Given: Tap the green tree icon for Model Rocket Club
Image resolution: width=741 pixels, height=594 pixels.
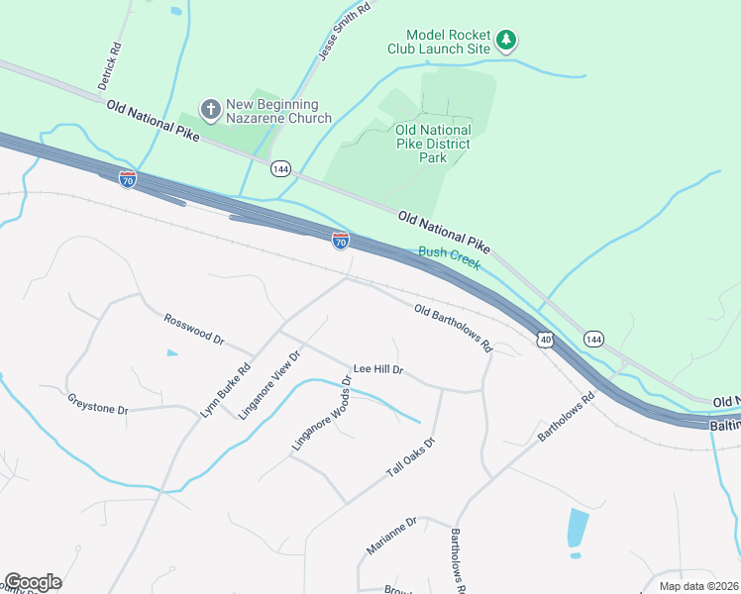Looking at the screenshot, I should (x=507, y=41).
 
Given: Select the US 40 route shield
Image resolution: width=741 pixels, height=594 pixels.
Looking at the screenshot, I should (x=546, y=340).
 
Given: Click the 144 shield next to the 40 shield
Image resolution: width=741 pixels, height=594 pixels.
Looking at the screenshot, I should (x=593, y=340).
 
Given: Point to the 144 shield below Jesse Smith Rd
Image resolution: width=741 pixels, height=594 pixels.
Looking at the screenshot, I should (x=280, y=168).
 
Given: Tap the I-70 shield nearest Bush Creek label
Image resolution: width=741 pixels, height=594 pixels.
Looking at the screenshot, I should (x=340, y=240).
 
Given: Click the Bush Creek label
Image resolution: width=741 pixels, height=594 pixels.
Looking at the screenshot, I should (x=450, y=258).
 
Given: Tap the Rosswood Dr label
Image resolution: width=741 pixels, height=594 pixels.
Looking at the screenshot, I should (x=194, y=329).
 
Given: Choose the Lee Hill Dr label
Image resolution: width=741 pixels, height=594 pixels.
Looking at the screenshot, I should (x=379, y=369).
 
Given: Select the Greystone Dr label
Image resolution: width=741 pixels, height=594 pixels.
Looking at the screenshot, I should (x=98, y=404).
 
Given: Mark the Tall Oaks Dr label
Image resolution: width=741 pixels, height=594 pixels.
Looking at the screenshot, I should (x=410, y=458).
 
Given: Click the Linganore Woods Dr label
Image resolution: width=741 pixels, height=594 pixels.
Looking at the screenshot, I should (x=322, y=414).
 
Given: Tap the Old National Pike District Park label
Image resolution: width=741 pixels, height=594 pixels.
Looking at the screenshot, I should (x=432, y=144).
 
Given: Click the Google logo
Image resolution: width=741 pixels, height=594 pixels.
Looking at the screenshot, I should (x=33, y=582).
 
